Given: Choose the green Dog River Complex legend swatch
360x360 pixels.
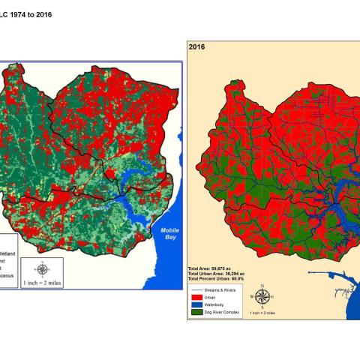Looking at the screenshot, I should click(197, 313).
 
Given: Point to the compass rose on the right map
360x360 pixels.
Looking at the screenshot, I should click(263, 296).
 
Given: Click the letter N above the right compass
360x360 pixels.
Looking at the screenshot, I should click(263, 285).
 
